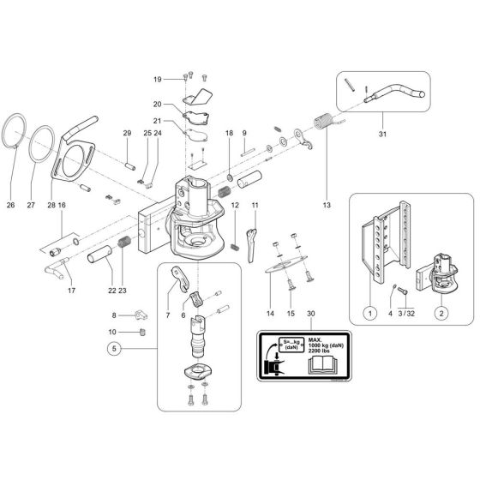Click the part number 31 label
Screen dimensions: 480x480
[381, 134]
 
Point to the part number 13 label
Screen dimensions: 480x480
[326, 206]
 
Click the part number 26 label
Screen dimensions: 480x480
[12, 205]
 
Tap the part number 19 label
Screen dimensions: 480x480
[157, 80]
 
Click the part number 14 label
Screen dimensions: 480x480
[271, 315]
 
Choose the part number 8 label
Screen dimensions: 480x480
[114, 316]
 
